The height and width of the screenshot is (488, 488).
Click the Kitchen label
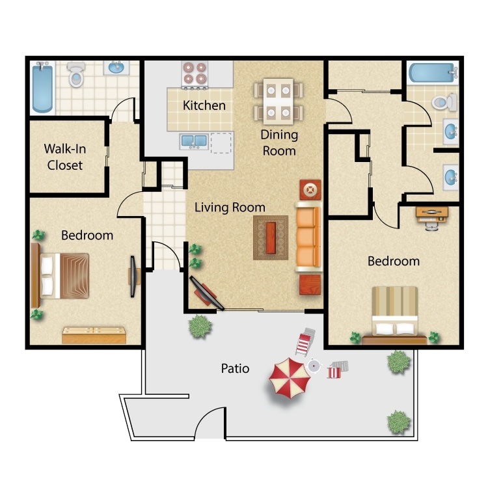[x=204, y=105]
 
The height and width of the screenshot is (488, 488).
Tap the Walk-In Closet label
[x=65, y=157]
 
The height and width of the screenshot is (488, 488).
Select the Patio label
[x=235, y=368]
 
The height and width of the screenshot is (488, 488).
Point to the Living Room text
[x=230, y=208]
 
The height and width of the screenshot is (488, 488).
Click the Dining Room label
[x=279, y=142]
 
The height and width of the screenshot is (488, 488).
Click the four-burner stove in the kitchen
[x=195, y=75]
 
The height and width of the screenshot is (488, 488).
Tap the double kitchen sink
[x=194, y=142]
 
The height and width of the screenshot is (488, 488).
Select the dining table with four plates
[x=278, y=102]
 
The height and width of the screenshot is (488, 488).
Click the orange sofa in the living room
[x=308, y=237]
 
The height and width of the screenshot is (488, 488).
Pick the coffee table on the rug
[x=271, y=237]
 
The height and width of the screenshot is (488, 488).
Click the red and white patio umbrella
[x=290, y=378]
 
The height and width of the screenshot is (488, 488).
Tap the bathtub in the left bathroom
[x=42, y=88]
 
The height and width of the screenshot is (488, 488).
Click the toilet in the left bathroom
[x=76, y=74]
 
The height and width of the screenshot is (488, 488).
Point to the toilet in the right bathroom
[x=444, y=102]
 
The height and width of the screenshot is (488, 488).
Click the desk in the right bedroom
[x=432, y=215]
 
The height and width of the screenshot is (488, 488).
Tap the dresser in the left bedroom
[x=94, y=335]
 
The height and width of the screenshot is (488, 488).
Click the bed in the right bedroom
[x=395, y=315]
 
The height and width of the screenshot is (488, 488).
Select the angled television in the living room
[x=207, y=293]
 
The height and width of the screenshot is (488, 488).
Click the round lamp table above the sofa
[x=310, y=189]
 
